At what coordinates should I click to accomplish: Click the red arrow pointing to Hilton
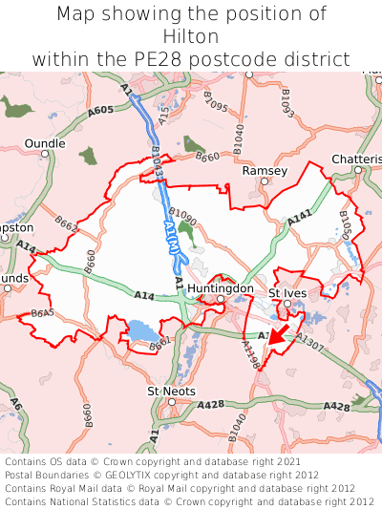coord(279,333)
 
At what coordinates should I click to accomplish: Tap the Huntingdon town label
coord(221,287)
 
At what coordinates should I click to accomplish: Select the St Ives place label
coord(286,292)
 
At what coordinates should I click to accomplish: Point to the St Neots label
coord(171,392)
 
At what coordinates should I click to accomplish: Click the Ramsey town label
coord(265,170)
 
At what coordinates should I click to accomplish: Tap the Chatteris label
coord(356,159)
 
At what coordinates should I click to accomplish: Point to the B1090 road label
coord(182,216)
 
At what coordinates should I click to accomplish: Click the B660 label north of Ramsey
coord(207,157)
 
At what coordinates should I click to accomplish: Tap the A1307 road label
coord(309,339)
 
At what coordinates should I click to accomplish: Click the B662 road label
coord(66,224)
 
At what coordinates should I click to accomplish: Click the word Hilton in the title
coord(191,36)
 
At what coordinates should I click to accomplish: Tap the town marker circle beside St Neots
coord(171,402)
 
